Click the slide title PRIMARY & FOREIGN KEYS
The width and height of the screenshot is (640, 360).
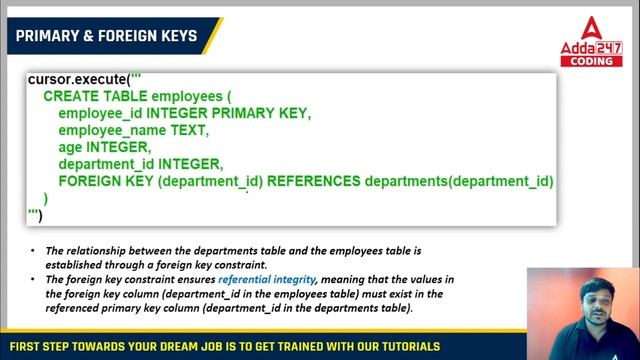(105, 37)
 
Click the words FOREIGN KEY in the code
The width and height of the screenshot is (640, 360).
(106, 182)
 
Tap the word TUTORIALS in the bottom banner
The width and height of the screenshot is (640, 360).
(402, 347)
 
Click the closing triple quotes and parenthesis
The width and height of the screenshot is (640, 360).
(35, 215)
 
